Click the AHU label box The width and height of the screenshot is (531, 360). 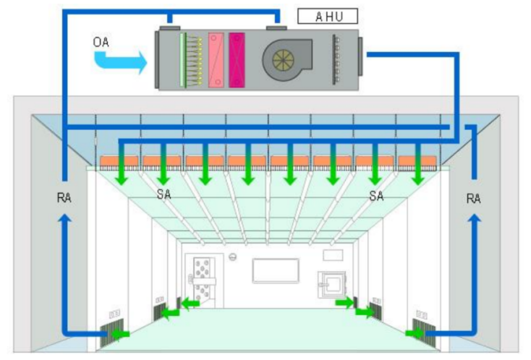pos(327,16)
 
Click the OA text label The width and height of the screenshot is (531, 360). pos(102,43)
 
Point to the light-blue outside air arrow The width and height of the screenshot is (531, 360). pos(120,61)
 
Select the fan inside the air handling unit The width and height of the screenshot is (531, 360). pos(286,59)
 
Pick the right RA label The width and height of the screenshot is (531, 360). pos(474,198)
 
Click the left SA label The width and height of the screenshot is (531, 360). pos(164,195)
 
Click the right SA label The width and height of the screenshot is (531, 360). pos(376,195)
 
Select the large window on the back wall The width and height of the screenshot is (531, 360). pos(275,272)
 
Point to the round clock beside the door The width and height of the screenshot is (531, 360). pos(233,257)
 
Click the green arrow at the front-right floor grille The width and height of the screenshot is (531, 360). pos(415,333)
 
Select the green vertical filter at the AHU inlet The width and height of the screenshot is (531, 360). pos(184,60)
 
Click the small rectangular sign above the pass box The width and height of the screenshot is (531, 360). pos(332,255)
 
